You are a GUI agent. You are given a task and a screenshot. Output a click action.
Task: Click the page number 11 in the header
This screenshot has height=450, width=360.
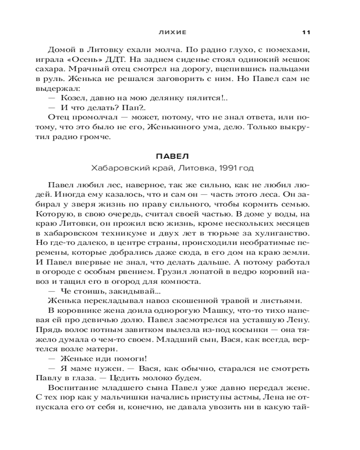tap(306, 32)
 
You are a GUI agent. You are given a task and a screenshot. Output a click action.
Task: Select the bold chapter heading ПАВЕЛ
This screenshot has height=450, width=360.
tap(172, 157)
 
